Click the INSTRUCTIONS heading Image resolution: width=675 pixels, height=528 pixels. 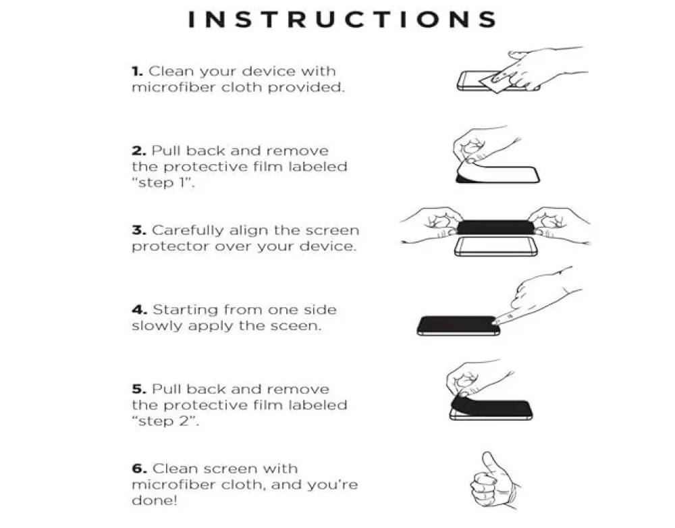click(x=343, y=20)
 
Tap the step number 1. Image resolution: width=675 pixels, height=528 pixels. click(x=137, y=71)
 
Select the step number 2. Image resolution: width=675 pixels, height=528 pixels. click(x=139, y=151)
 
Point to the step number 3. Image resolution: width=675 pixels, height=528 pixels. click(x=139, y=230)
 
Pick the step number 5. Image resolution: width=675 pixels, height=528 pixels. click(x=139, y=390)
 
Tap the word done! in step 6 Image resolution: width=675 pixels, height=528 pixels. click(x=155, y=500)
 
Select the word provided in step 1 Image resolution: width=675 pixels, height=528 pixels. click(x=306, y=87)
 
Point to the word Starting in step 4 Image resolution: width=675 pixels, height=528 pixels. click(x=186, y=311)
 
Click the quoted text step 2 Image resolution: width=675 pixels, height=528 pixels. click(x=165, y=421)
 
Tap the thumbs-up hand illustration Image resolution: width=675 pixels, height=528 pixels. click(x=495, y=481)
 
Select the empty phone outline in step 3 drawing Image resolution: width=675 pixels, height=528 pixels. click(x=496, y=246)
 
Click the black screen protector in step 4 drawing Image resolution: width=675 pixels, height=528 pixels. click(x=458, y=325)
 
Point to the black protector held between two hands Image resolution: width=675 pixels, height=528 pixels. click(x=495, y=228)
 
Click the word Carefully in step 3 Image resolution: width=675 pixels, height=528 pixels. click(x=188, y=231)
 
